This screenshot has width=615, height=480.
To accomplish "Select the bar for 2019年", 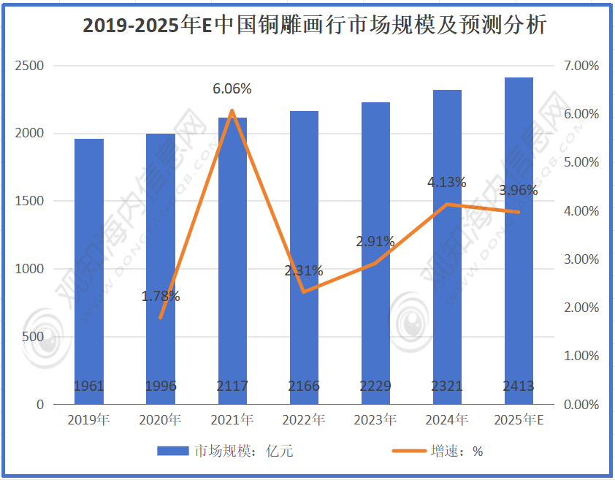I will pos(88,270).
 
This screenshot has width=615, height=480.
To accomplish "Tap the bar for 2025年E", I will pos(518,241).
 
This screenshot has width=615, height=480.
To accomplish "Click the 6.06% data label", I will pos(232,89).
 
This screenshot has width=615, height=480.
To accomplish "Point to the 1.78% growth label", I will pos(161,297).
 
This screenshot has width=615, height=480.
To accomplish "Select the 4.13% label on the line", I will pos(446,183).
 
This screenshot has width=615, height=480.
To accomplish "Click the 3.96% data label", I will pos(518,191).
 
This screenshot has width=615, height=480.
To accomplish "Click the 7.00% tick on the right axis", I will pos(581,66).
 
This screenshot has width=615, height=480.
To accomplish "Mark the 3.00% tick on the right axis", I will pos(581,259).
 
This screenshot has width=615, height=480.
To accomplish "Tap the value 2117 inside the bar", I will pos(232,386).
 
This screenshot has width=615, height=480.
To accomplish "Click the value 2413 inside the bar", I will pos(518,386).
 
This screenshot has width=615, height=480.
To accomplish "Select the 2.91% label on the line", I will pos(375,242).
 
